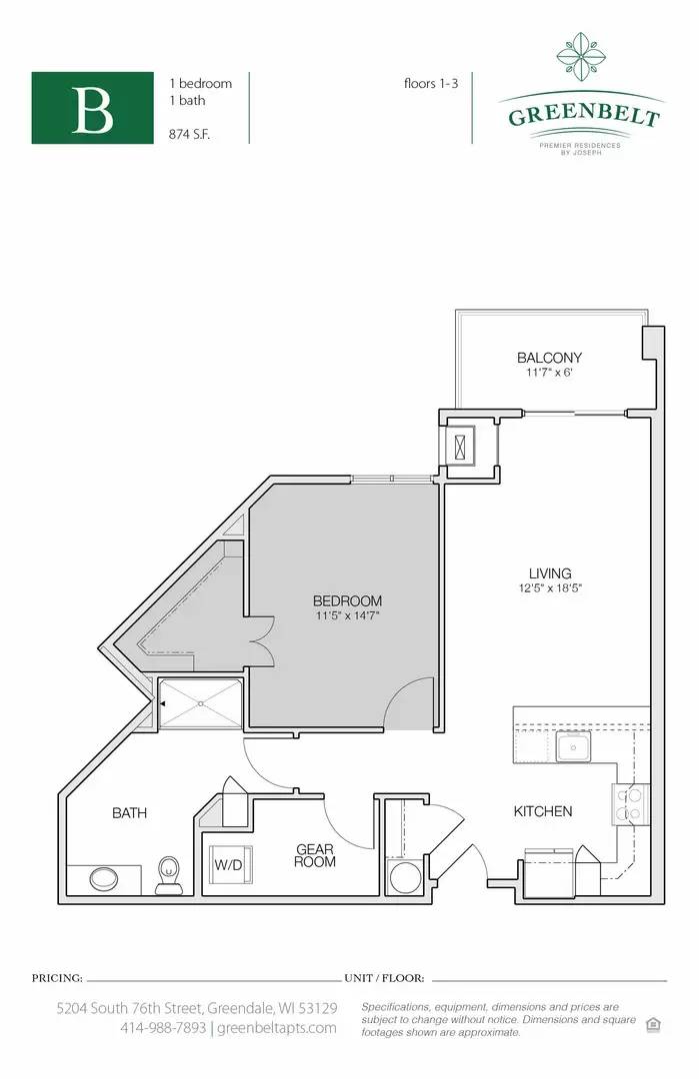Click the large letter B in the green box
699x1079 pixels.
[x=92, y=109]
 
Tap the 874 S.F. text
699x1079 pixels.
[x=189, y=135]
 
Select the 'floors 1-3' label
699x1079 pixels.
[x=431, y=83]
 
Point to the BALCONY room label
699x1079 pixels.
[x=550, y=358]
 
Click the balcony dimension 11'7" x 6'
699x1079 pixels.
[x=550, y=373]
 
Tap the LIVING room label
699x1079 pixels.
[x=550, y=573]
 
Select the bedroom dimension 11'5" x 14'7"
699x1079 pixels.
[x=348, y=615]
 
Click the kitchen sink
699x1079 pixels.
[x=574, y=746]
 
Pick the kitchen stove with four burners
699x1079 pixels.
[x=631, y=805]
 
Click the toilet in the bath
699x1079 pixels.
[x=169, y=875]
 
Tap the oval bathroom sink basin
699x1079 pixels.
[x=104, y=879]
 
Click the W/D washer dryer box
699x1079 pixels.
[x=230, y=865]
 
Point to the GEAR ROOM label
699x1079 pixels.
[x=315, y=855]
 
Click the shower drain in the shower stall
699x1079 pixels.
[x=200, y=703]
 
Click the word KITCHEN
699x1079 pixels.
[x=543, y=811]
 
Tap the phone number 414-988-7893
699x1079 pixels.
[x=163, y=1028]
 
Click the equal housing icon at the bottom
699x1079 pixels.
[x=654, y=1025]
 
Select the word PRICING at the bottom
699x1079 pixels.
[x=57, y=978]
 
